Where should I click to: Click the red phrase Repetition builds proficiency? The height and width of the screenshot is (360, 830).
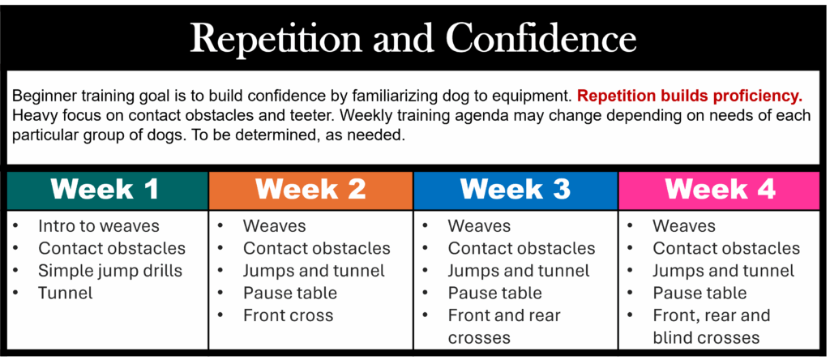690,96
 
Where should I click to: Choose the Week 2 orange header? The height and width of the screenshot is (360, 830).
310,190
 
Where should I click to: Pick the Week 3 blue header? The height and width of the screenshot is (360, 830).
515,190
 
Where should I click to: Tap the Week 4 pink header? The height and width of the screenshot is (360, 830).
721,190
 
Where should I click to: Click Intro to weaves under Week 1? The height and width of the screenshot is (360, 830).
98,226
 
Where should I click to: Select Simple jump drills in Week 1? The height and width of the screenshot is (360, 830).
110,271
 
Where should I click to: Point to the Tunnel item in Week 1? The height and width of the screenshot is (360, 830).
65,293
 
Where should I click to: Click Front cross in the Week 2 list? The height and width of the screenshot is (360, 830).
288,315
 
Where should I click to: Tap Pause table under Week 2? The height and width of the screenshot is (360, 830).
290,293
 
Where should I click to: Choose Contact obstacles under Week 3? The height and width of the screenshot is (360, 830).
521,248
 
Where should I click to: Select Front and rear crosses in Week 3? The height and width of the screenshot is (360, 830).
504,326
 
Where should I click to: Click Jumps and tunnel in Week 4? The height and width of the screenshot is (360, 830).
724,271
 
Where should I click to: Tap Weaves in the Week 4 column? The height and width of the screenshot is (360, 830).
684,226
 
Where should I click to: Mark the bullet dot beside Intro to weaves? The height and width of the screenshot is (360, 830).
15,226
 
